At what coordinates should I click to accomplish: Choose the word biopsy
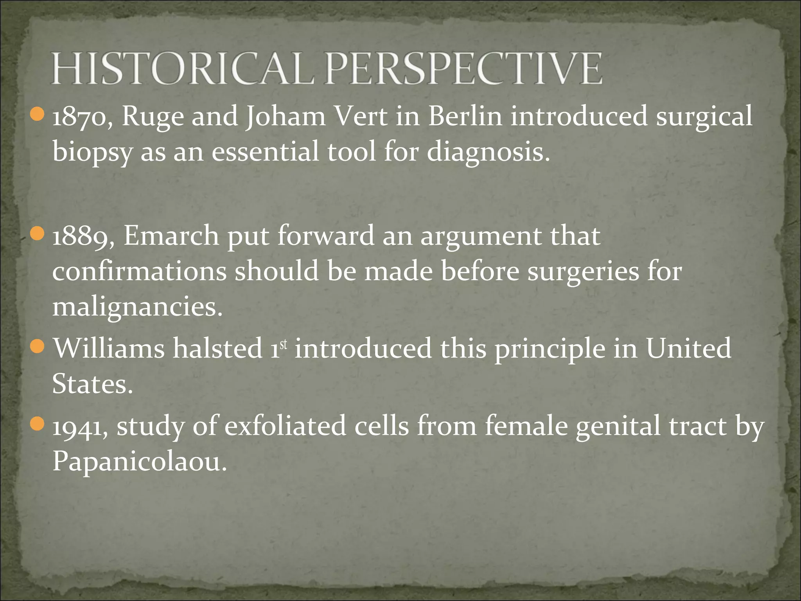pos(92,153)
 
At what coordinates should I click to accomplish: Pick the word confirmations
pos(139,271)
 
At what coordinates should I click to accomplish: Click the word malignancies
pos(137,307)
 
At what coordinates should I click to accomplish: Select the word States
pos(92,384)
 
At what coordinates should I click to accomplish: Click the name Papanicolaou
pos(139,462)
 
